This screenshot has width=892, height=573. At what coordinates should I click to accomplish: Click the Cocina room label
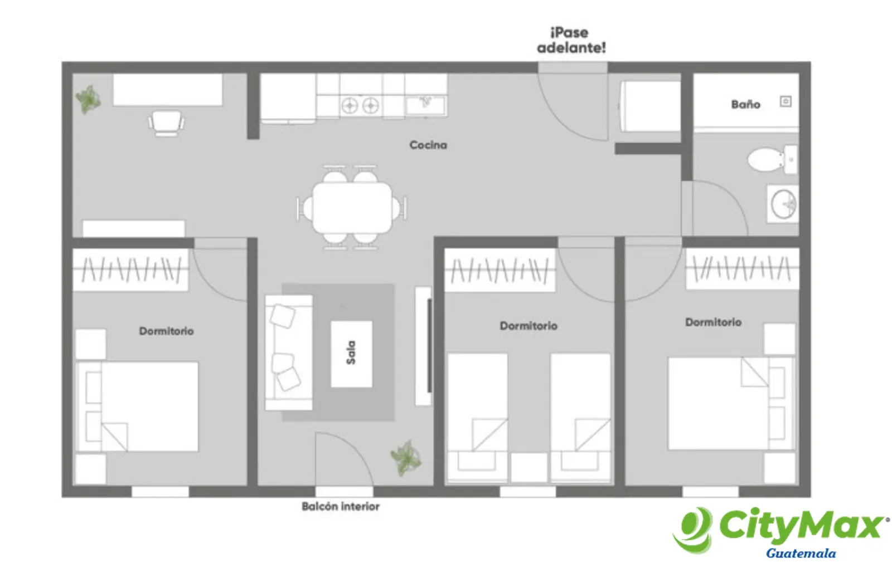point(428,145)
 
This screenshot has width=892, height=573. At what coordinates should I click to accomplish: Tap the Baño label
point(745,104)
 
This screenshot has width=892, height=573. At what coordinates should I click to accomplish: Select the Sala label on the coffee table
point(351,352)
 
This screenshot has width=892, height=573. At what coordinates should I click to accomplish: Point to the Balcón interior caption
point(341,506)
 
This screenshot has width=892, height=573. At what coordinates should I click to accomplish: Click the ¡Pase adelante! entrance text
point(571,40)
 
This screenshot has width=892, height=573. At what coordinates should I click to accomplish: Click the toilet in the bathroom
point(772,159)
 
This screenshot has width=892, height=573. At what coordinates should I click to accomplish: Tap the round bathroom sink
point(783,204)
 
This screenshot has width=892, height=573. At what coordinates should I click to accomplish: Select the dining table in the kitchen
point(352,208)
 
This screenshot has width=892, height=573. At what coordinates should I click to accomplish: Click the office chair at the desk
point(166,123)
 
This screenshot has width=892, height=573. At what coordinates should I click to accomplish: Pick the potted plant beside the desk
point(88,100)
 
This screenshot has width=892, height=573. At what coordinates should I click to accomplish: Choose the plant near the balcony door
point(406,458)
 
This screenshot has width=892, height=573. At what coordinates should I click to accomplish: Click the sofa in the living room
point(289,352)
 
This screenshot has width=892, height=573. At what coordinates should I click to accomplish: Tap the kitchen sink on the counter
point(426,105)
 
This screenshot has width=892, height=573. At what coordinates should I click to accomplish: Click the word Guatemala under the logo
point(801,553)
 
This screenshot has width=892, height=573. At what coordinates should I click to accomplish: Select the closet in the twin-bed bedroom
point(500,271)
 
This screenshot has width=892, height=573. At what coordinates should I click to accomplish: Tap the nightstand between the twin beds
point(529,467)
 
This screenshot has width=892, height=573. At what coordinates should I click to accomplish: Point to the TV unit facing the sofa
point(424,346)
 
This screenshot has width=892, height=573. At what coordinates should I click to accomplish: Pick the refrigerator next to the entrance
point(650,106)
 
